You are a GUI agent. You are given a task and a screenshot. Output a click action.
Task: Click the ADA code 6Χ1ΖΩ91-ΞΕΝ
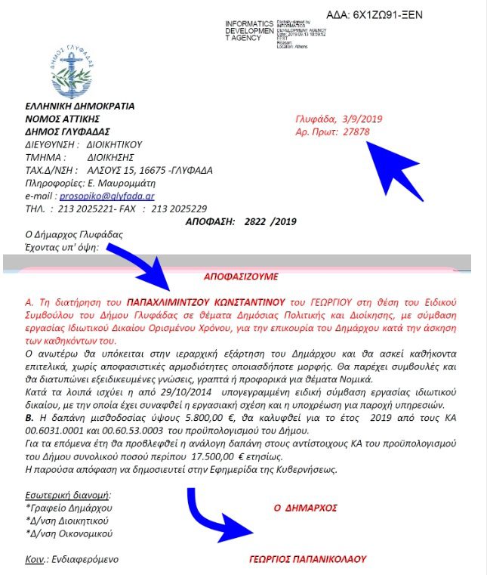pyautogui.click(x=385, y=14)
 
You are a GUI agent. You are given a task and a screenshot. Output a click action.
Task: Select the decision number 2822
pyautogui.click(x=257, y=221)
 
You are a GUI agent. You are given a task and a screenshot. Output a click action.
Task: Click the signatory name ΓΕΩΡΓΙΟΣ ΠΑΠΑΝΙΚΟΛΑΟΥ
pyautogui.click(x=307, y=559)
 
